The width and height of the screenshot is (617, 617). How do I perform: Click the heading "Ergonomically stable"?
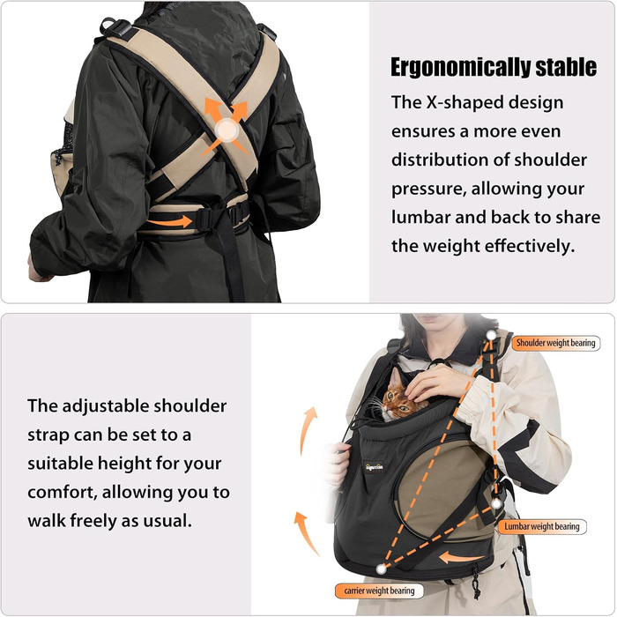pos(494,67)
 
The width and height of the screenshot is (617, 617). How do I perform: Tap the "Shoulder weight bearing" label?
pos(555,343)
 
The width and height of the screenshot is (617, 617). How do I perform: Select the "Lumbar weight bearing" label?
pos(542,526)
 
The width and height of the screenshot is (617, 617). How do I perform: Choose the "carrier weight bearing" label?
pos(379,591)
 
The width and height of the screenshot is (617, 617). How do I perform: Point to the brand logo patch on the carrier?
pos(374,467)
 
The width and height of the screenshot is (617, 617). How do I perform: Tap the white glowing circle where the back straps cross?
pos(227,130)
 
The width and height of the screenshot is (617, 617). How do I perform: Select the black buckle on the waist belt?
pos(206,219)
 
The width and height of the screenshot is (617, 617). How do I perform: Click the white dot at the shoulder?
pos(491,335)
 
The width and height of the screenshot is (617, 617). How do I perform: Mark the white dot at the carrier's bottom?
pos(381,569)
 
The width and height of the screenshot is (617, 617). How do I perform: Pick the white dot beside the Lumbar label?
pos(497,503)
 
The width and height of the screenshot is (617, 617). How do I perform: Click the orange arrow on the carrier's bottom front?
pos(461,558)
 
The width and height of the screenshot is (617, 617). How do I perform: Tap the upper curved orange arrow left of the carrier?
pos(307,430)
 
